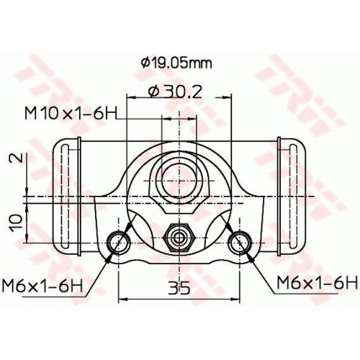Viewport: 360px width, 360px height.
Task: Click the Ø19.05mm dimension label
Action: pyautogui.click(x=176, y=63)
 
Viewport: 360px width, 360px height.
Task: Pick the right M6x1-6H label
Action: pyautogui.click(x=316, y=282)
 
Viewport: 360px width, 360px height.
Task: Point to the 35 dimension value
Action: pyautogui.click(x=179, y=289)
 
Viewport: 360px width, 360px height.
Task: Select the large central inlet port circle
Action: pyautogui.click(x=178, y=176)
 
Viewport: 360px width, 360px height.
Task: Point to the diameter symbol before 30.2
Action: pyautogui.click(x=153, y=91)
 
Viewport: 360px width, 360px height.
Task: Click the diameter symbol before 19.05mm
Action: pyautogui.click(x=146, y=63)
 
